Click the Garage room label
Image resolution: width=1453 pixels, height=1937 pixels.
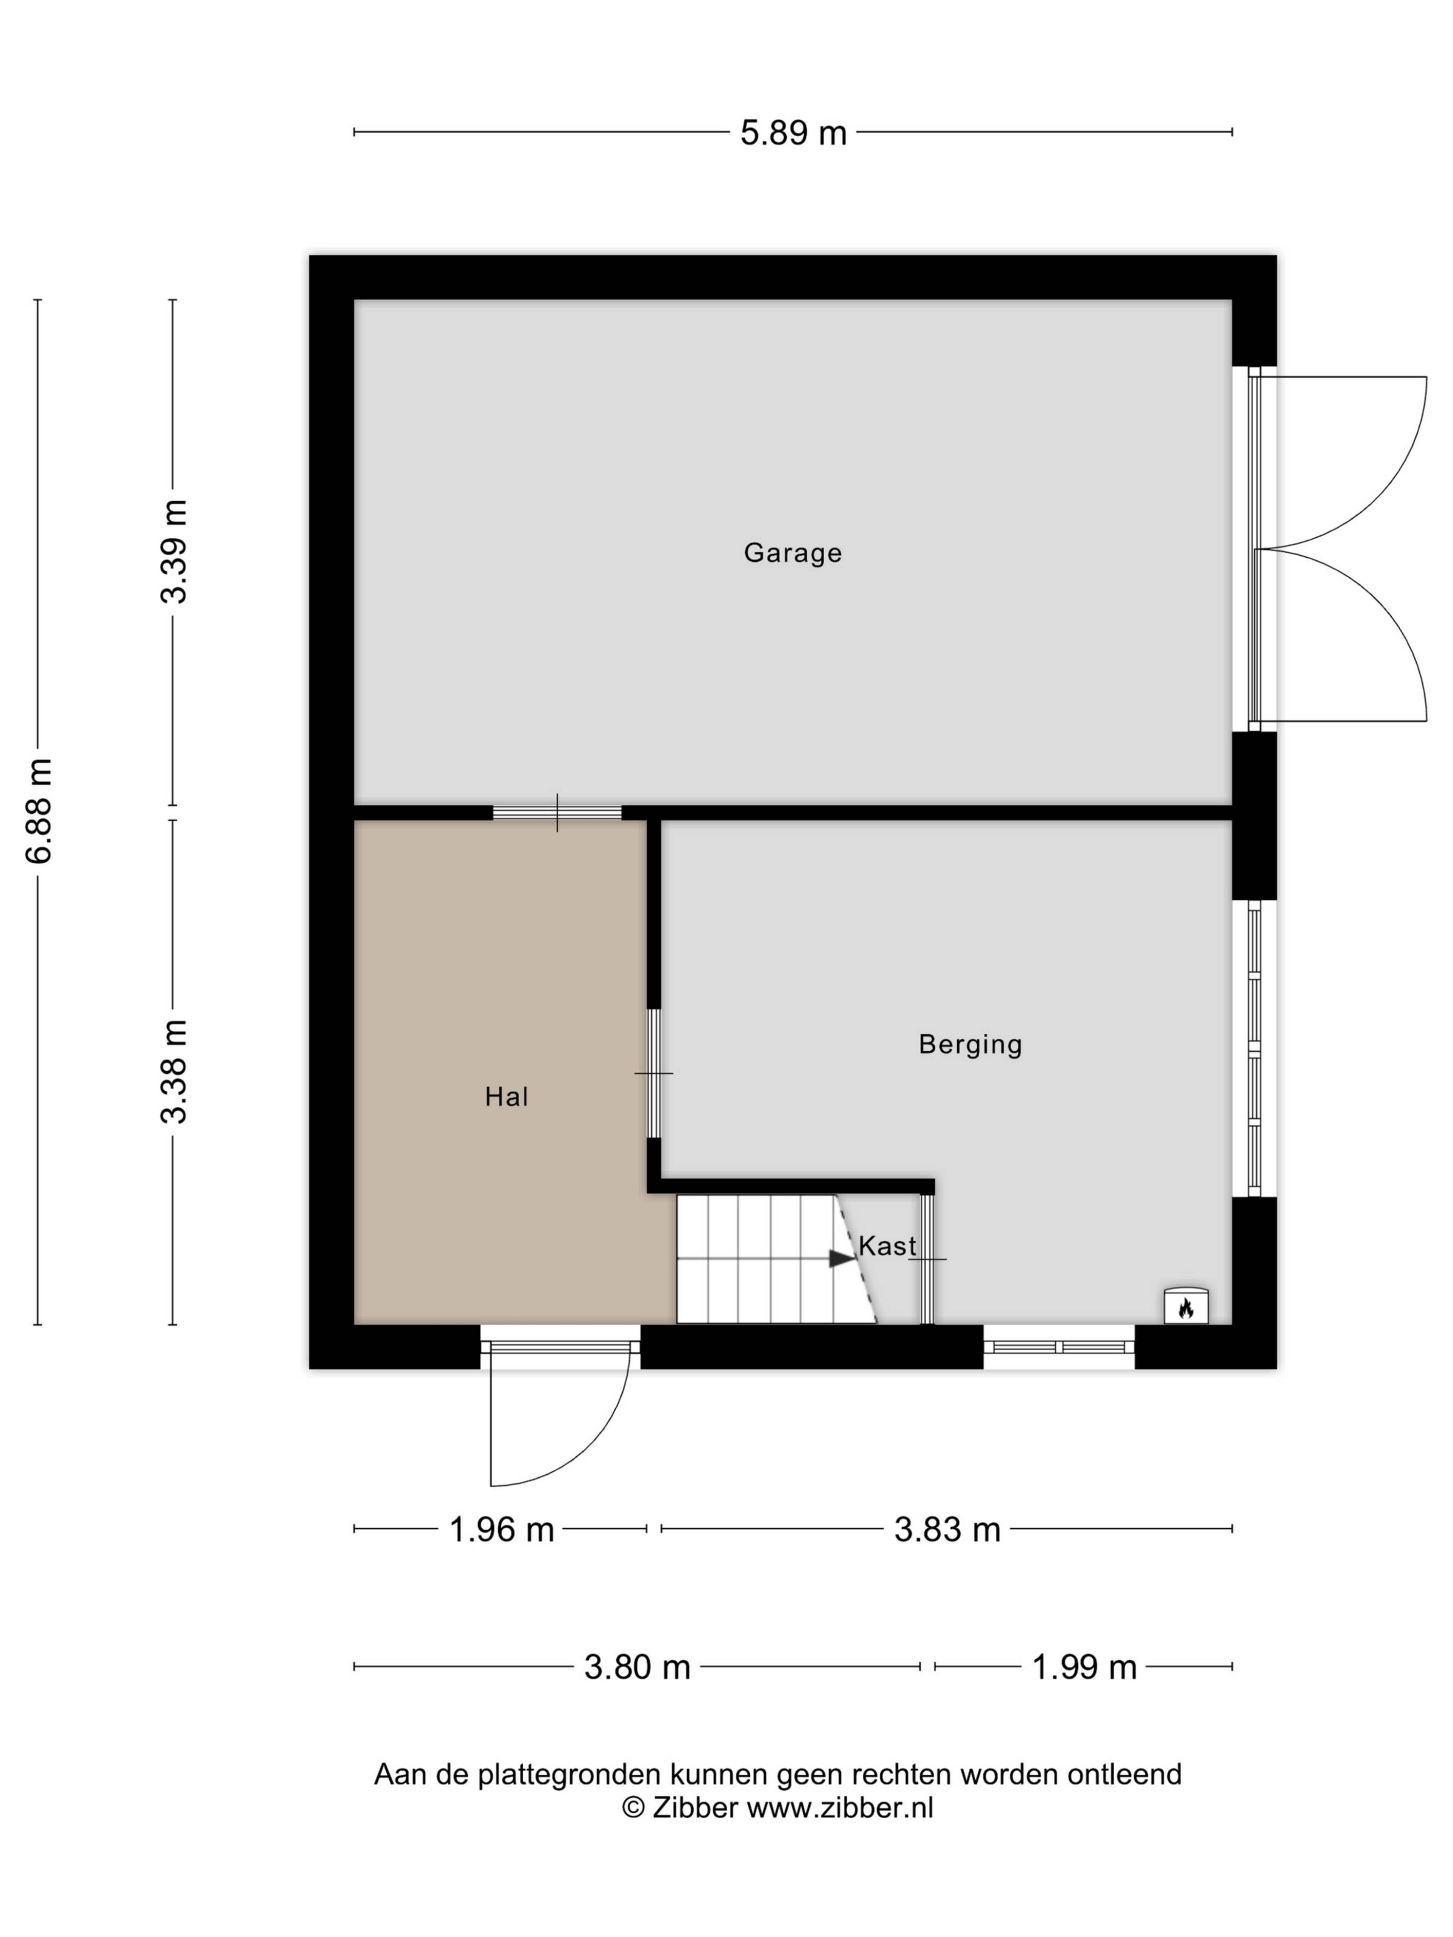click(x=793, y=553)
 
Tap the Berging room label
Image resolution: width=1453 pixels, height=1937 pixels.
click(x=971, y=1045)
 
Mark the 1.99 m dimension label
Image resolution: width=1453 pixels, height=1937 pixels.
click(x=1084, y=1667)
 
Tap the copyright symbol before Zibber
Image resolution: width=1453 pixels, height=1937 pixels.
click(x=633, y=1807)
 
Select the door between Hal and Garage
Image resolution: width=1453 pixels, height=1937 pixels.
click(x=557, y=813)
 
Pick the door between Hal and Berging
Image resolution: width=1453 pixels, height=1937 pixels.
click(x=653, y=1074)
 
